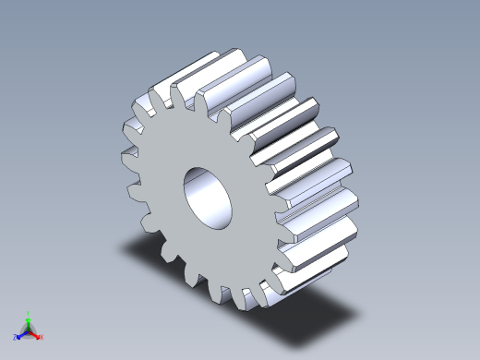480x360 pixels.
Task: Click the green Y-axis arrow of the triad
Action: tap(29, 320)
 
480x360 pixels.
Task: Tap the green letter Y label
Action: tap(29, 313)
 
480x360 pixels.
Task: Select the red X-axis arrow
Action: tap(35, 335)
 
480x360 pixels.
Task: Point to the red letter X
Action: tap(42, 337)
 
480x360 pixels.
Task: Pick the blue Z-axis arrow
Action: tap(21, 335)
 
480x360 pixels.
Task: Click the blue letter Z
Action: tap(16, 338)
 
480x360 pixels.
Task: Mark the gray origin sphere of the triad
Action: tap(29, 330)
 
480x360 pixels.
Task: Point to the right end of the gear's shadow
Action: tap(351, 319)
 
